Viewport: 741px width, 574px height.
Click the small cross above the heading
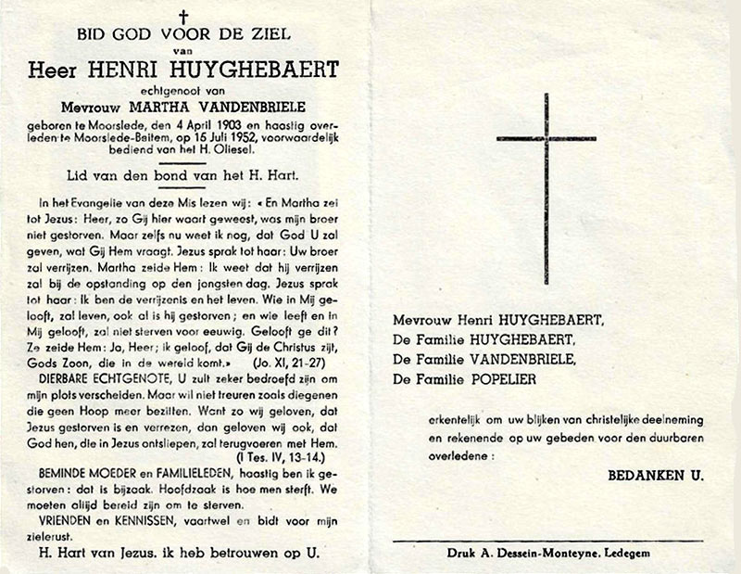(x=182, y=17)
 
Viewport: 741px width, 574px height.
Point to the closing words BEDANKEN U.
(x=655, y=475)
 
